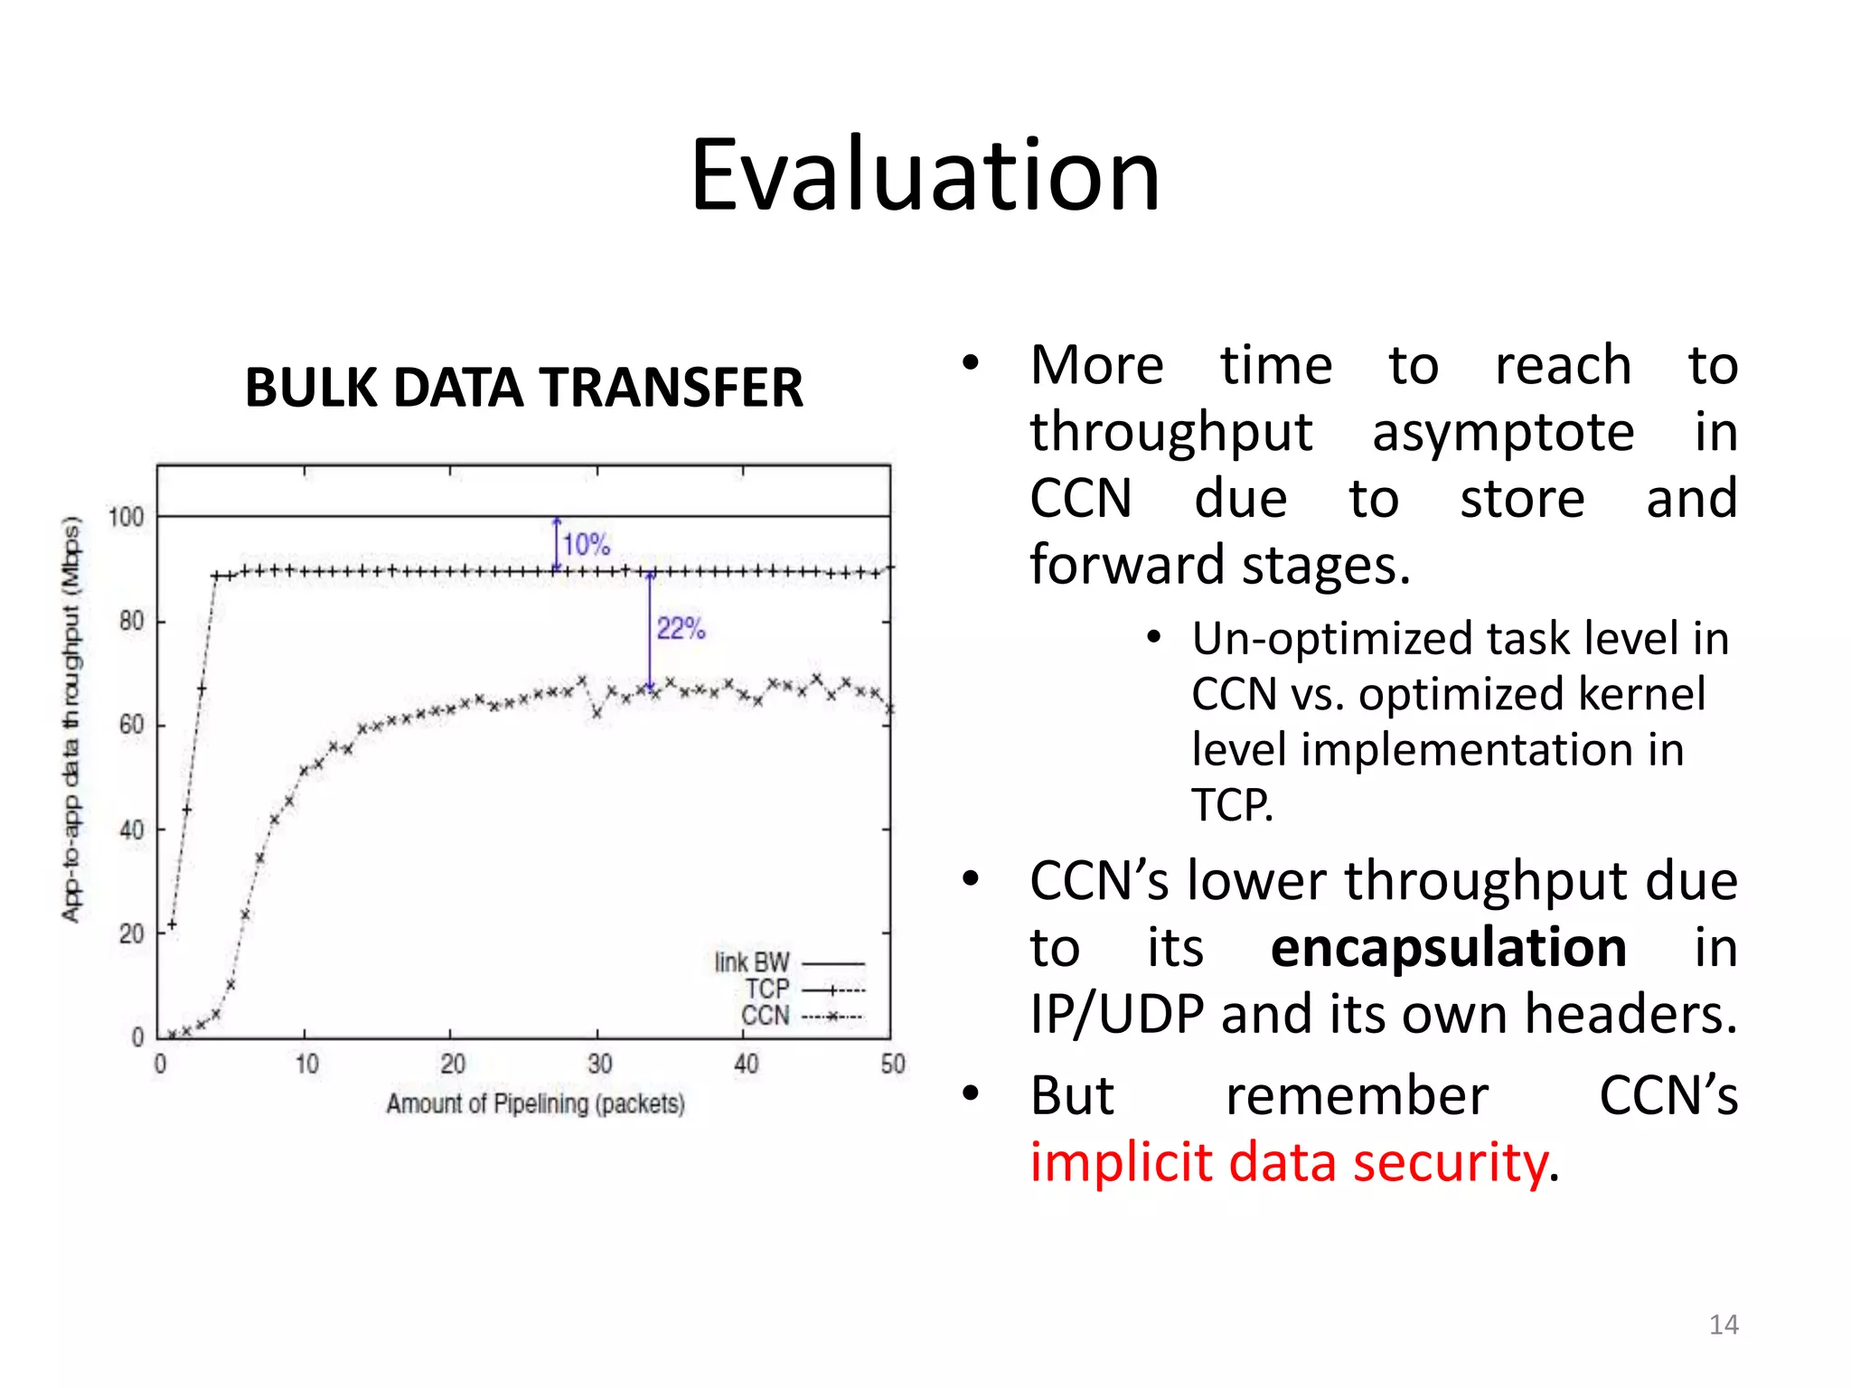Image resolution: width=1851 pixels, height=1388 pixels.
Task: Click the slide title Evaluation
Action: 925,176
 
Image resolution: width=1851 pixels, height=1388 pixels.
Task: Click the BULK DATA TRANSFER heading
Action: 523,388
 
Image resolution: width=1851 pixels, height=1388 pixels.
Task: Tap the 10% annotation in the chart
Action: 586,544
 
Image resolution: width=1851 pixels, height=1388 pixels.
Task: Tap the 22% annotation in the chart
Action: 680,628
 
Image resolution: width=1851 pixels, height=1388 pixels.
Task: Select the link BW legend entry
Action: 752,962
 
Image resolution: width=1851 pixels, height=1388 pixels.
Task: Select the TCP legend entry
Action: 767,989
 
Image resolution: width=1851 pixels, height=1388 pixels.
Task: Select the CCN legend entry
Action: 766,1016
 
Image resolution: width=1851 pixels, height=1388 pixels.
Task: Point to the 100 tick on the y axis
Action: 126,517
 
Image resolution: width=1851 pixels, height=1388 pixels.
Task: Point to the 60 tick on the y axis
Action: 131,725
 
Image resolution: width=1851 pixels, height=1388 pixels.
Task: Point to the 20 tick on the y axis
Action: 131,933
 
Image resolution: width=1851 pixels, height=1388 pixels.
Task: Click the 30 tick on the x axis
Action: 599,1064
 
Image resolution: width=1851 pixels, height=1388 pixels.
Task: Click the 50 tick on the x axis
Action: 892,1064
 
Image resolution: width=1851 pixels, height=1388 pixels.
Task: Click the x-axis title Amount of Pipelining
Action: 535,1103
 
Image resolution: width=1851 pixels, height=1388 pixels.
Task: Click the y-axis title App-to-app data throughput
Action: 71,718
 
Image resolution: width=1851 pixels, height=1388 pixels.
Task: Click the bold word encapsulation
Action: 1448,947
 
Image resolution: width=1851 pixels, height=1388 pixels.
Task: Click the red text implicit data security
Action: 1289,1162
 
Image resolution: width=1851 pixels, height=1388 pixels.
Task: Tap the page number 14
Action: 1723,1325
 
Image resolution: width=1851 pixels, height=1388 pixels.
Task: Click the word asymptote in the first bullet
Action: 1502,432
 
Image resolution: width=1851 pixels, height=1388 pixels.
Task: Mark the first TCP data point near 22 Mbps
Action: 172,924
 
